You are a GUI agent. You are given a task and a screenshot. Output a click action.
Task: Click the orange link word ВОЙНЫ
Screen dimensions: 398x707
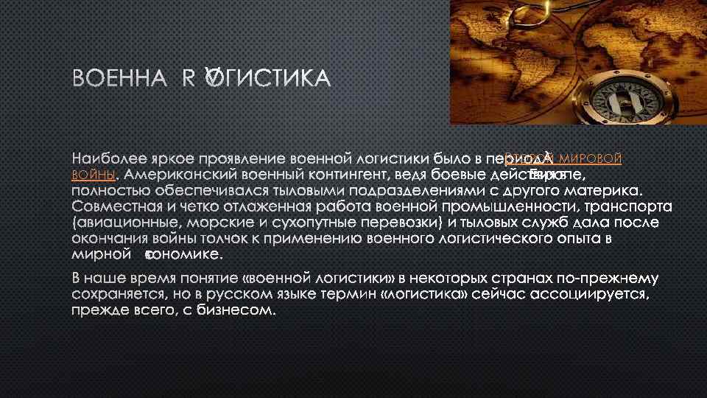point(94,175)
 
